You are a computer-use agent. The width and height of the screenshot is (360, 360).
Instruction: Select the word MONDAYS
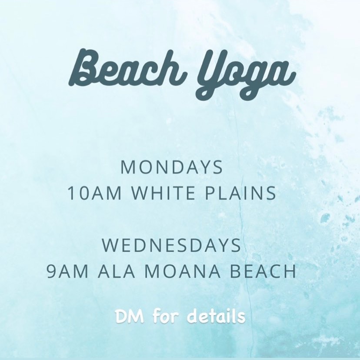pos(171,167)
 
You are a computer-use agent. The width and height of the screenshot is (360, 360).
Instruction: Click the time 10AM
pos(95,193)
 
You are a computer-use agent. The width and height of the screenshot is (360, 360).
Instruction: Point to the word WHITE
pos(163,193)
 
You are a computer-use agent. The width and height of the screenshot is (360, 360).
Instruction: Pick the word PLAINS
pos(240,193)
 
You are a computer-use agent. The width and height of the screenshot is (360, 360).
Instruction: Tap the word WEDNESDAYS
pos(171,245)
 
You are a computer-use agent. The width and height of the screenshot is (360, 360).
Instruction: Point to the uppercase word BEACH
pos(263,271)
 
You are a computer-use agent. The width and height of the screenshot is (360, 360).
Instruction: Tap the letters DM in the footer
pos(130,317)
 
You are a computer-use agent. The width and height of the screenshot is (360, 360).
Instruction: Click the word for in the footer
pos(166,316)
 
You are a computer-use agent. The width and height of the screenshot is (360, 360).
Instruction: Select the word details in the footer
pos(216,316)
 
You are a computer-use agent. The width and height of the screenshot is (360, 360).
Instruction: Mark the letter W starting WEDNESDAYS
pos(110,245)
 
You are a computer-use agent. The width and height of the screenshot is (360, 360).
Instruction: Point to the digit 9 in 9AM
pos(51,271)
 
